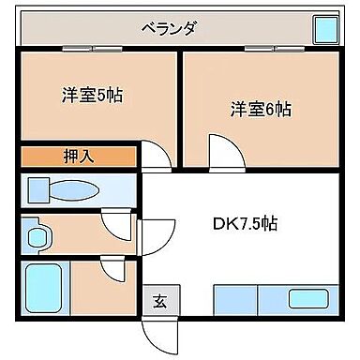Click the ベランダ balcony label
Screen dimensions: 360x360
pos(170,28)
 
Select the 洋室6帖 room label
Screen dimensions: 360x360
pos(261,108)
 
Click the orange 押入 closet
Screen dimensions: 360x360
pos(79,156)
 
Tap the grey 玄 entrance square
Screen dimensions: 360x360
pos(159,301)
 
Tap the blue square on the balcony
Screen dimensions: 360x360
pos(325,31)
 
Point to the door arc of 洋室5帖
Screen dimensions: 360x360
pos(153,156)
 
